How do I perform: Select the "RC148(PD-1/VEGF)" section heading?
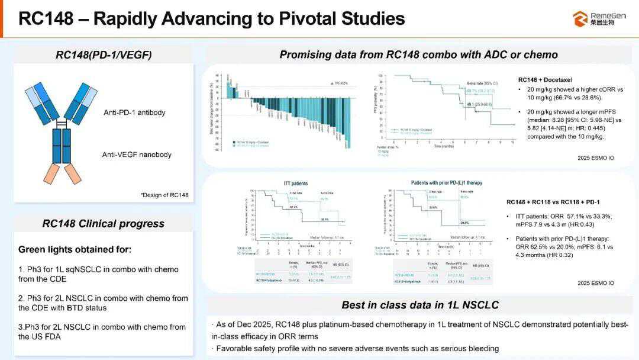[x=104, y=55]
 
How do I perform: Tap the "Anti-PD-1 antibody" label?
[x=134, y=112]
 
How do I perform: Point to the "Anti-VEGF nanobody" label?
[x=137, y=155]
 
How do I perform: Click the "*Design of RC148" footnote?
[x=164, y=195]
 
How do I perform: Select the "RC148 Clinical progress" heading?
[x=103, y=223]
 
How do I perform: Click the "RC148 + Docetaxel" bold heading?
[x=545, y=79]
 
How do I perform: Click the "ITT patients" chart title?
[x=295, y=184]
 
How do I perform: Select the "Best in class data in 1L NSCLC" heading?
[x=419, y=305]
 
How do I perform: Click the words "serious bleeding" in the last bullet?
[x=469, y=348]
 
